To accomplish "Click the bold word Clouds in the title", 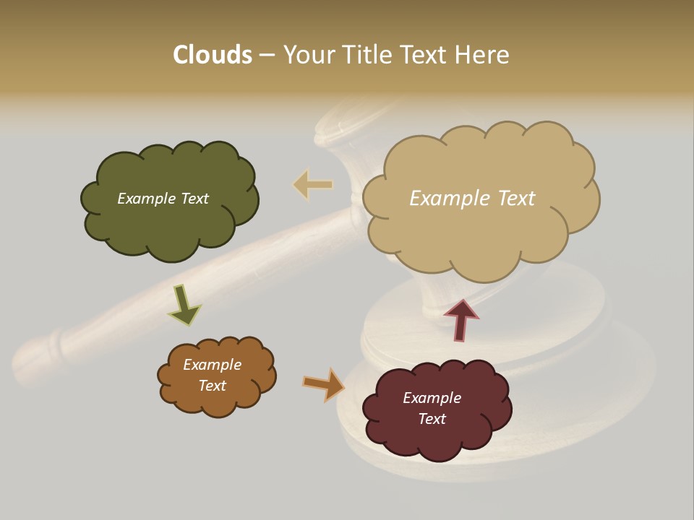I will [x=212, y=55].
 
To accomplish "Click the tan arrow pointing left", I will [x=312, y=185].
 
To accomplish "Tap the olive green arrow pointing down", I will [x=184, y=305].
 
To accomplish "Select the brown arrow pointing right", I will [x=324, y=383].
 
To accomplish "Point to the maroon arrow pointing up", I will [x=460, y=320].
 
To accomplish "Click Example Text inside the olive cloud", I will [x=163, y=199].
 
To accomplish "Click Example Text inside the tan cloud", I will [x=472, y=198].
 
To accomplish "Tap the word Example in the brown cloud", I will [x=212, y=365].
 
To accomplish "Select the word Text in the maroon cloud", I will [x=432, y=419].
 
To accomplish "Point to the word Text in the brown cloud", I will [x=212, y=386].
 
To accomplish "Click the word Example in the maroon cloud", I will [x=432, y=398].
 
